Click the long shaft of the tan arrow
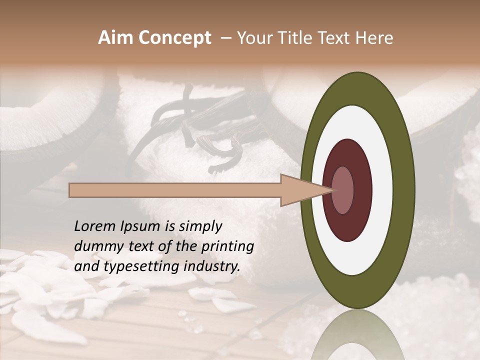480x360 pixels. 175,190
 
